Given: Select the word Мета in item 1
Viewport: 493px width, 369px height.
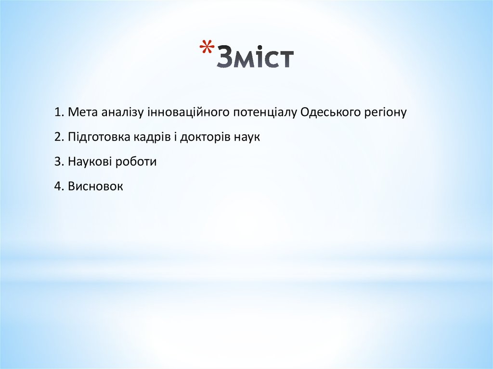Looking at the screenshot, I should coord(83,113).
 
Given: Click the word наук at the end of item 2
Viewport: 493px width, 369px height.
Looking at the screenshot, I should coord(247,138).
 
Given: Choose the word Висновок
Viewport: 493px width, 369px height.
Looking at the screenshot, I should coord(95,186).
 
